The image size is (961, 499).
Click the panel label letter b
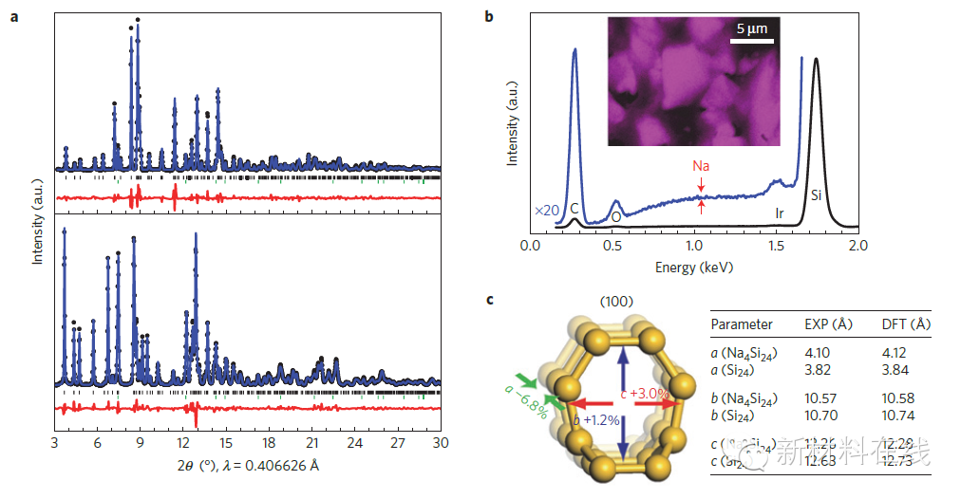(490, 17)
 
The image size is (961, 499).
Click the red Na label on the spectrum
(701, 165)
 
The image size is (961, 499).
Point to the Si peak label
(816, 195)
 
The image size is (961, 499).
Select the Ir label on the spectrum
(780, 213)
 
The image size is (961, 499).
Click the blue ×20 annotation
(546, 209)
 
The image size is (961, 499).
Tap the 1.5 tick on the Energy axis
(776, 246)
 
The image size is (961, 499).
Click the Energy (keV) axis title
(693, 267)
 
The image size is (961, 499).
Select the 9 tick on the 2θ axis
(141, 442)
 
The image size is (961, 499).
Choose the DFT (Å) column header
(906, 324)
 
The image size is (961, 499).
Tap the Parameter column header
(742, 324)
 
